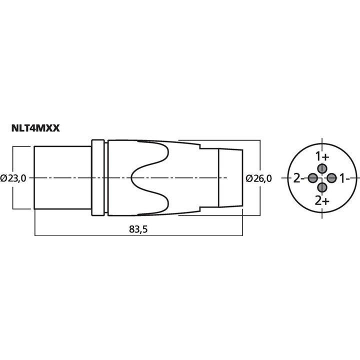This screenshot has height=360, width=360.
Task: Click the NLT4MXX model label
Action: pos(35,128)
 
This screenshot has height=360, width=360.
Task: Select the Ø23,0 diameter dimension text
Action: pos(13,178)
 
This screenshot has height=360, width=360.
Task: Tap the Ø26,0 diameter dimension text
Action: pos(259,178)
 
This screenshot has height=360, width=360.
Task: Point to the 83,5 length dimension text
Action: pos(138,229)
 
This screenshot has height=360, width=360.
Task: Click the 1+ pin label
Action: pos(322,156)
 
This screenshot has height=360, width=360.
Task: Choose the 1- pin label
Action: pos(344,178)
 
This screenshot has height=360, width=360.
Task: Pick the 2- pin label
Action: pos(299,178)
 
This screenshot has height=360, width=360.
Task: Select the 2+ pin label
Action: pos(322,201)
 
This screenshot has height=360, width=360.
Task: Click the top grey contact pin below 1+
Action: pos(322,168)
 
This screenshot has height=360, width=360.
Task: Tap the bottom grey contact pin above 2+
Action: pos(322,187)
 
